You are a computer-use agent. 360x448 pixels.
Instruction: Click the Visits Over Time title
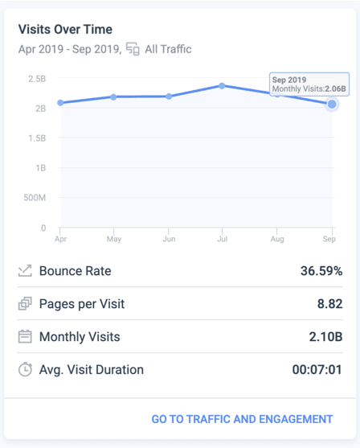pos(65,30)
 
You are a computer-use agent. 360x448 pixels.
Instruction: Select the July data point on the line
pos(222,86)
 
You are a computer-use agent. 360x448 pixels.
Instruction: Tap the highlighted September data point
pos(332,105)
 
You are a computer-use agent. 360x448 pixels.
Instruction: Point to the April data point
pos(60,103)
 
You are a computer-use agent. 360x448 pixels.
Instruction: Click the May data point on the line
pos(113,97)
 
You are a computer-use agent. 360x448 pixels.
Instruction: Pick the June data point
pos(169,97)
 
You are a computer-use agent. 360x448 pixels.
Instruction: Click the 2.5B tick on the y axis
pos(37,79)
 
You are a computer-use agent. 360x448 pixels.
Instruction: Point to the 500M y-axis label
pos(35,198)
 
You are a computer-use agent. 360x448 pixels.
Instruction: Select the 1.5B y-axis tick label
pos(37,138)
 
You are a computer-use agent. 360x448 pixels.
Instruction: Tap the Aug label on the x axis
pos(277,239)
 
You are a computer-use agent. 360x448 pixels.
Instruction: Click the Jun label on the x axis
pos(169,239)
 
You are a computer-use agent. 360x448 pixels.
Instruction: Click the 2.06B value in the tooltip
pos(335,88)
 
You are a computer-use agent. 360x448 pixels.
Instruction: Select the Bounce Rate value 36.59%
pos(321,271)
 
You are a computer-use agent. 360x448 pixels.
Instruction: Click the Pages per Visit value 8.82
pos(330,304)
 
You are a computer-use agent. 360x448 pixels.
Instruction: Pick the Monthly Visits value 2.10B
pos(325,336)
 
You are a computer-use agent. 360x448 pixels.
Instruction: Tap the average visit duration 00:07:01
pos(317,370)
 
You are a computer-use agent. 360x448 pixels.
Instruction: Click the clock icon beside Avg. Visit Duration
pos(25,369)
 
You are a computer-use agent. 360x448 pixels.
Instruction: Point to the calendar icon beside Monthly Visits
pos(25,336)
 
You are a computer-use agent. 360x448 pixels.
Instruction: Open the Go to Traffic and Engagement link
pos(242,419)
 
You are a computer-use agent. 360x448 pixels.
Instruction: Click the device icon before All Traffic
pos(133,49)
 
